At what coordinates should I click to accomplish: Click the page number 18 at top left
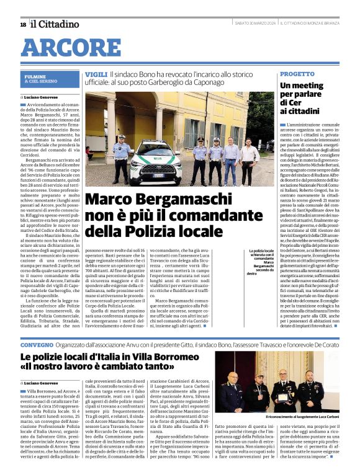(23, 24)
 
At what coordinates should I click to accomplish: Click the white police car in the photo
(156, 162)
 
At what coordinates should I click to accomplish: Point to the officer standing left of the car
(122, 158)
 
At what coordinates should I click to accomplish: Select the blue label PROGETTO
(293, 74)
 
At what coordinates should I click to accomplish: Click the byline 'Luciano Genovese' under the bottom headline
(44, 384)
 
